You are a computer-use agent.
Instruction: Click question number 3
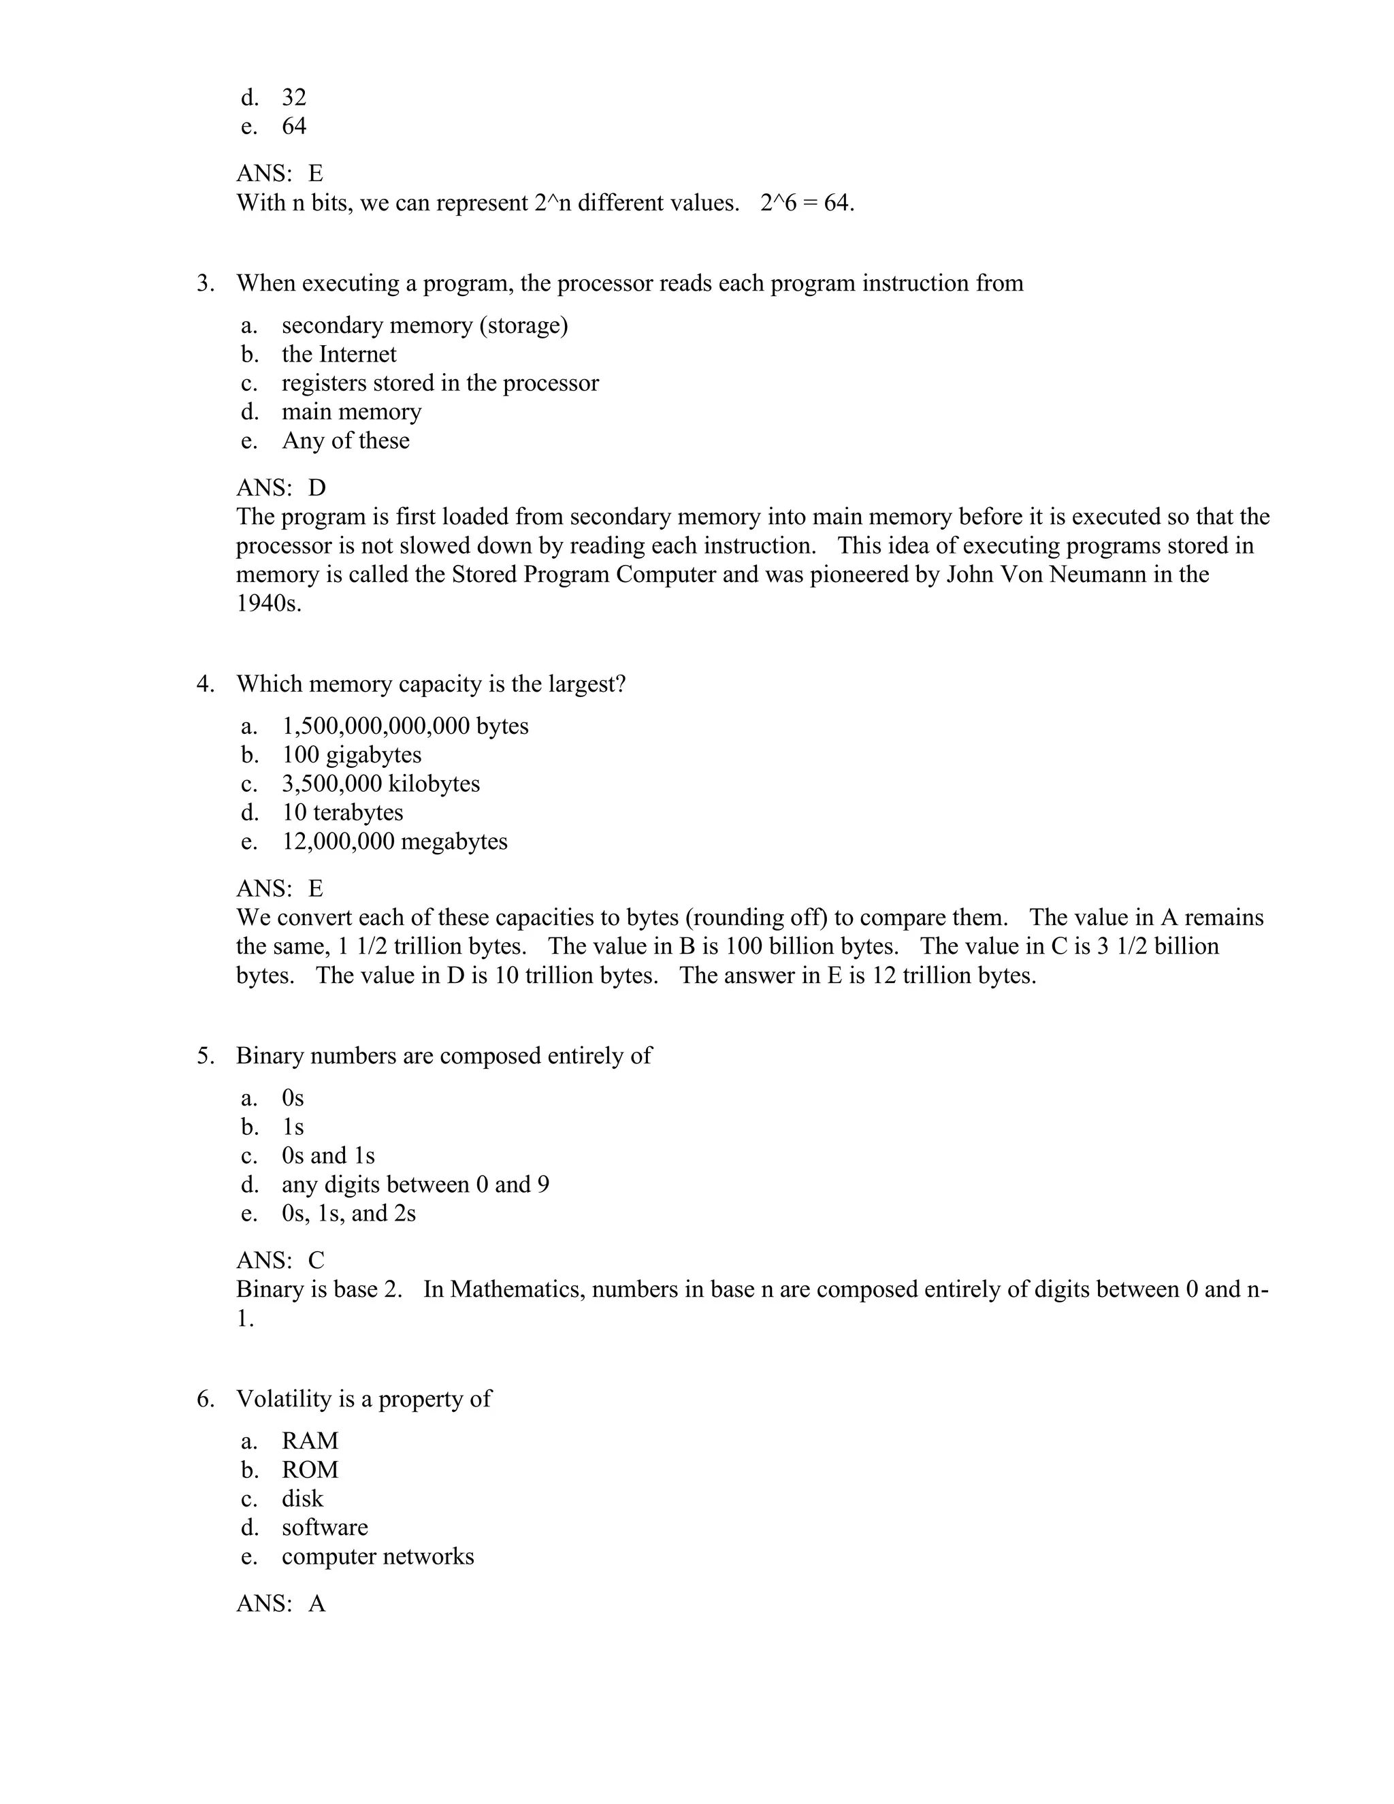pyautogui.click(x=205, y=283)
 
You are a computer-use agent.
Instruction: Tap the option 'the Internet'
pyautogui.click(x=338, y=355)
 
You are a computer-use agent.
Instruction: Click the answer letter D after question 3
pyautogui.click(x=317, y=487)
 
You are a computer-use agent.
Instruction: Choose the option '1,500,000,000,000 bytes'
pyautogui.click(x=405, y=726)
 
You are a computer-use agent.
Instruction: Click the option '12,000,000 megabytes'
pyautogui.click(x=395, y=841)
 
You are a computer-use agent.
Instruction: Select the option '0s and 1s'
pyautogui.click(x=328, y=1156)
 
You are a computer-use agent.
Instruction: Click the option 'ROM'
pyautogui.click(x=310, y=1470)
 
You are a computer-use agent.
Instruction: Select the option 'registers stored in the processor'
pyautogui.click(x=440, y=383)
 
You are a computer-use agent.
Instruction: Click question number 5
pyautogui.click(x=205, y=1056)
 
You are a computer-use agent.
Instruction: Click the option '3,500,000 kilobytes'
pyautogui.click(x=380, y=783)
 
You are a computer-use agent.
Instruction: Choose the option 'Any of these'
pyautogui.click(x=345, y=441)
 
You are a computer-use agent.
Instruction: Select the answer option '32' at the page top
pyautogui.click(x=294, y=97)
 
